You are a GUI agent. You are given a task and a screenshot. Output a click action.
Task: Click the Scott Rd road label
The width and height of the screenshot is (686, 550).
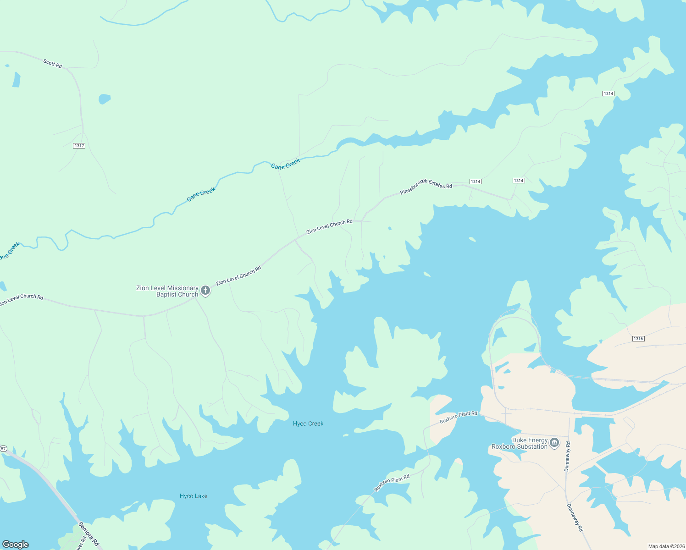tap(53, 63)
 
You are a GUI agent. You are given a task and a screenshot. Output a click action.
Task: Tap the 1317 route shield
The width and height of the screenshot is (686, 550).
tap(79, 146)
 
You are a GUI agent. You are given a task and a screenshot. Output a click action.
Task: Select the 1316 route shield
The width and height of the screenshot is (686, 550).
tap(638, 339)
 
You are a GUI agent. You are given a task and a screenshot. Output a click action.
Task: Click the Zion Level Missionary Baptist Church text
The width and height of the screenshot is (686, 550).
tap(167, 291)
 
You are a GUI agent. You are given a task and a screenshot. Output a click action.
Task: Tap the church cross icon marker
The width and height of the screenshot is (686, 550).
tap(205, 290)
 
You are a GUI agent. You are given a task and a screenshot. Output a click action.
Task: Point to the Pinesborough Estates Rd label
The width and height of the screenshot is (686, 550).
tap(426, 187)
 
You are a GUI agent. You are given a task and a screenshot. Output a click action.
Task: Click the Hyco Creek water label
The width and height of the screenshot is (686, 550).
tap(308, 423)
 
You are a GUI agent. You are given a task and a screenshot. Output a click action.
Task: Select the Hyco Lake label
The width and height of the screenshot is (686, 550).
tap(194, 496)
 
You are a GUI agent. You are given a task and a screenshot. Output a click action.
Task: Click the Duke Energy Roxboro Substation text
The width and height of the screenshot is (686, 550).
tap(520, 443)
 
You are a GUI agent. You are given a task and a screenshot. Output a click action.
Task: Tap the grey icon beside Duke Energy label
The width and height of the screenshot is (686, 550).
tap(554, 442)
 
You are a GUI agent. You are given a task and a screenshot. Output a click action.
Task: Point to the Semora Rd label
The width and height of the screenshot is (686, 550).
tap(89, 534)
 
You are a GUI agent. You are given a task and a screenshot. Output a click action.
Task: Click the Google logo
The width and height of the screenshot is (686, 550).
tap(16, 544)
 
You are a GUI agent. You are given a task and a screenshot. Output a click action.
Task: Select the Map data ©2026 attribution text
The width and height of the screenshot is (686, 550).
tap(665, 546)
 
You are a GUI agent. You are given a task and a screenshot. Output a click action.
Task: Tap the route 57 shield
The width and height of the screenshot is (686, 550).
tap(4, 448)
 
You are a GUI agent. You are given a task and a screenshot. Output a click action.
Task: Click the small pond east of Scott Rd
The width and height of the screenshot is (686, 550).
tap(105, 99)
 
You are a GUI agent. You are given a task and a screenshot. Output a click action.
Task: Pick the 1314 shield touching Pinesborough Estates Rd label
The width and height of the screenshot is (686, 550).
tap(475, 181)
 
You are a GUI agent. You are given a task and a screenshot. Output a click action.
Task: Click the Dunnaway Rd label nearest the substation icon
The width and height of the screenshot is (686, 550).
tap(567, 456)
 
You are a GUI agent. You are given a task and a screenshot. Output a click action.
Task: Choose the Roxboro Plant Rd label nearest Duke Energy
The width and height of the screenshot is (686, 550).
tap(458, 417)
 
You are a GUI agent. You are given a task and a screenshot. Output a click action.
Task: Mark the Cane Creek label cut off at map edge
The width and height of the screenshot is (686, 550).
tap(10, 251)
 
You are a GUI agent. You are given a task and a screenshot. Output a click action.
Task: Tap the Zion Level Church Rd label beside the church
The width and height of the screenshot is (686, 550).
tap(238, 275)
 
